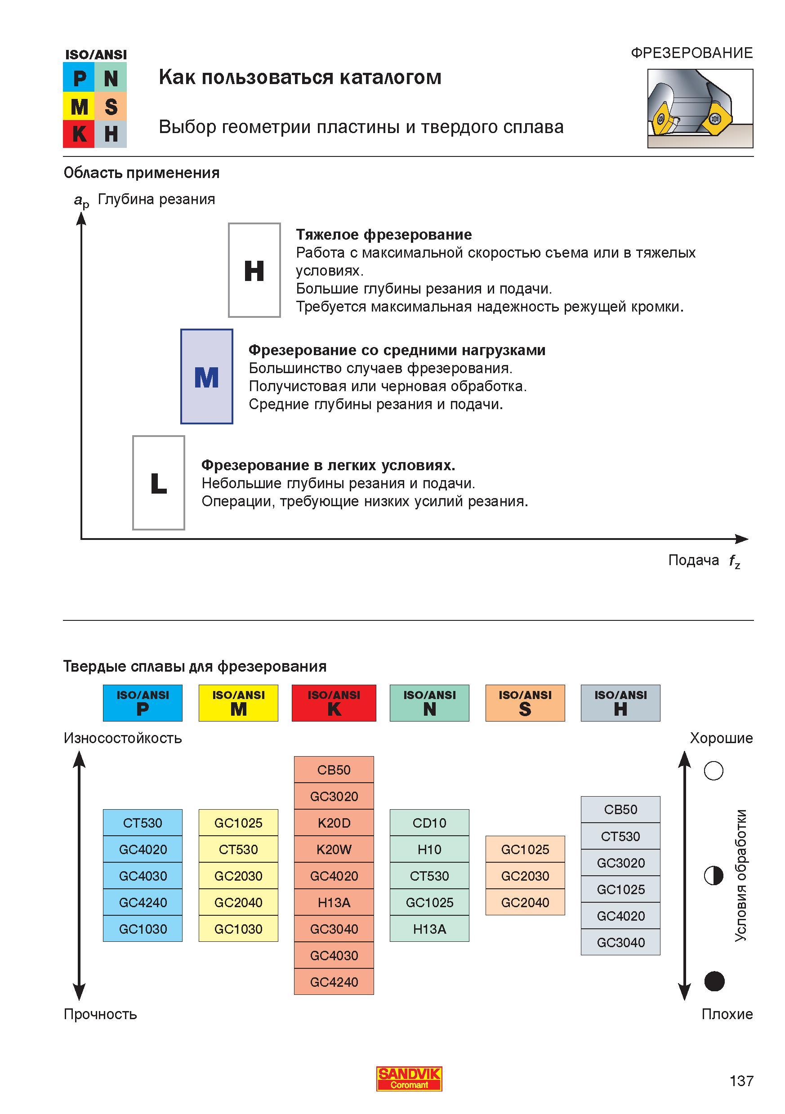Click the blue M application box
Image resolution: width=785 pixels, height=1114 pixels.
tap(207, 377)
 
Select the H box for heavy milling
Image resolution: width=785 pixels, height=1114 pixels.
tap(254, 270)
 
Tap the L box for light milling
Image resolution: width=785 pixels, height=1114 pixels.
tap(159, 483)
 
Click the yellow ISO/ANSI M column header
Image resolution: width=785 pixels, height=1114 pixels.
tap(238, 703)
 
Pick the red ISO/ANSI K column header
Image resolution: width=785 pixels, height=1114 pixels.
tap(334, 703)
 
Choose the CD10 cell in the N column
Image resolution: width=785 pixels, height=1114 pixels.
tap(429, 823)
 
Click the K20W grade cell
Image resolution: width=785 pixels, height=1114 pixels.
tap(334, 849)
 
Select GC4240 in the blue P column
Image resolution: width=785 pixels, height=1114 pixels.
tap(143, 902)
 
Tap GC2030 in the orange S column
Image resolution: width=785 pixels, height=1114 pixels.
tap(525, 876)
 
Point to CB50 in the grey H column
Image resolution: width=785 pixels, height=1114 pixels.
tap(620, 809)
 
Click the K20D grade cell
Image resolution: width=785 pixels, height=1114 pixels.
tap(334, 823)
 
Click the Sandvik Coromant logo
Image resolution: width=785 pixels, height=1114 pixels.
tap(409, 1079)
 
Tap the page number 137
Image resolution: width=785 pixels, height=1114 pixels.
tap(741, 1081)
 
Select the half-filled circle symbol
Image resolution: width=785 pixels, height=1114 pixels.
tap(714, 875)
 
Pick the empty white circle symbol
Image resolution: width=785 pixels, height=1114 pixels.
tap(714, 771)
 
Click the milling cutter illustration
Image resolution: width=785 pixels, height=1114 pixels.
tap(700, 108)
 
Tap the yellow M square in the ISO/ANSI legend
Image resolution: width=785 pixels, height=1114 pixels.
tap(79, 106)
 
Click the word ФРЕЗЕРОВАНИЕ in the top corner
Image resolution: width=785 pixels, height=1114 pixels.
tap(692, 53)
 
